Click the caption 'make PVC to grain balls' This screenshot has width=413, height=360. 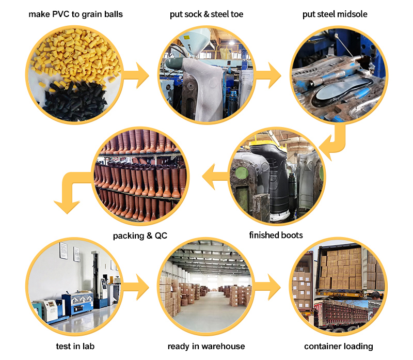pos(75,14)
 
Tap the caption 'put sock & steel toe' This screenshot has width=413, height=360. pos(206,14)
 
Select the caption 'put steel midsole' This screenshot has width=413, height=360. pos(335,14)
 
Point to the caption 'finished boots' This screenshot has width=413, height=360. pos(276,236)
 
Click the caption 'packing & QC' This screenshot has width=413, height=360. pos(140,236)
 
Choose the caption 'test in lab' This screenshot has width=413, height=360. pos(76,346)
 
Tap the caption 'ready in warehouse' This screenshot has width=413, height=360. pos(206,346)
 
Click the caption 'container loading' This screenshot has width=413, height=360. pos(339,346)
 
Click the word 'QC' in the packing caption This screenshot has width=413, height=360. pos(159,236)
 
